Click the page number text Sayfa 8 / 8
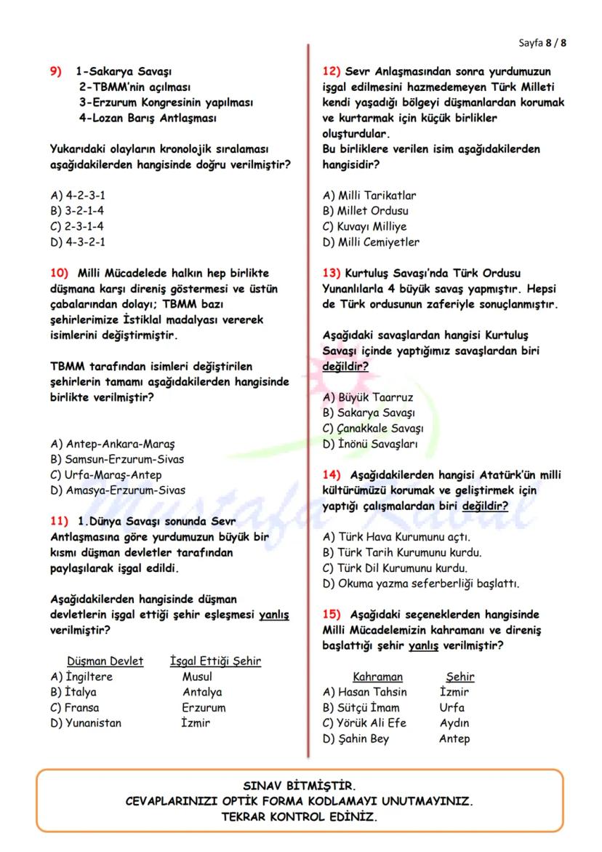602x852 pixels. (x=542, y=42)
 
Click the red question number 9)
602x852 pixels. (x=56, y=72)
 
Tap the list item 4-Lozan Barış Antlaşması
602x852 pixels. (x=148, y=118)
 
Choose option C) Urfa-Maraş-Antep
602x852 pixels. (x=106, y=474)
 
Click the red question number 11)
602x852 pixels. (x=59, y=521)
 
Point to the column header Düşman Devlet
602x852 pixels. (x=105, y=661)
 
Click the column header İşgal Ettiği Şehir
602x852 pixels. (x=215, y=661)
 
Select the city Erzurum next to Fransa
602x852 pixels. (x=204, y=707)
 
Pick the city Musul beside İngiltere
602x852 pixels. (x=197, y=677)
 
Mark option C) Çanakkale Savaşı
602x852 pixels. (x=373, y=428)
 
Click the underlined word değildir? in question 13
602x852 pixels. (x=345, y=366)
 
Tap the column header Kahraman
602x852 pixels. (x=377, y=677)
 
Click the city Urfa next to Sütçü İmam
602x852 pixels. (x=451, y=707)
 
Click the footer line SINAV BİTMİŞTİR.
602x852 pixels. (x=300, y=786)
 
